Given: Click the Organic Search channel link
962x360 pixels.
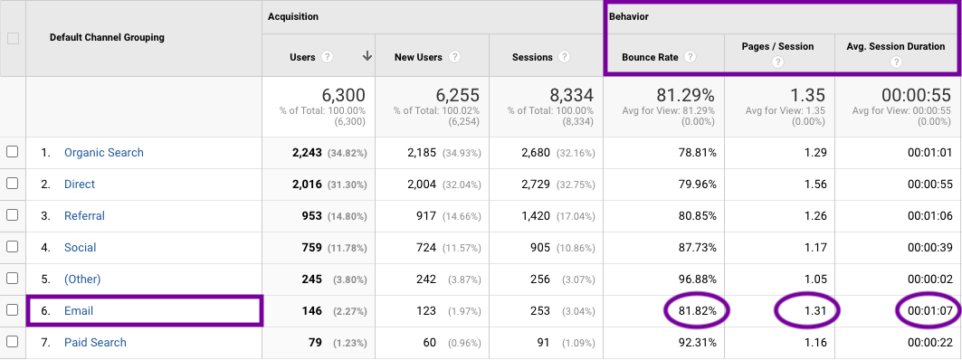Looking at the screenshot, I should point(103,153).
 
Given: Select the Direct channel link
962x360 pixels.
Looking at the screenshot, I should point(80,185).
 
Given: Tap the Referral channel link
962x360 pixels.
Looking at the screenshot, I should point(84,216).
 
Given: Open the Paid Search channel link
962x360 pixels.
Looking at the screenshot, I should point(95,343).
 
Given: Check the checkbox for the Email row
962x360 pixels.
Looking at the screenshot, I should point(13,310).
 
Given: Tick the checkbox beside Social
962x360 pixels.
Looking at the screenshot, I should point(13,247).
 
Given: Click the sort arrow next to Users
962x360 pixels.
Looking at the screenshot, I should point(367,56).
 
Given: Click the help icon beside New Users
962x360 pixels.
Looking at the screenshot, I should point(454,57).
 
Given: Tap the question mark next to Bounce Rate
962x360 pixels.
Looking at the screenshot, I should point(691,57).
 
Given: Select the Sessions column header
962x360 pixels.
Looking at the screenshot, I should point(532,57).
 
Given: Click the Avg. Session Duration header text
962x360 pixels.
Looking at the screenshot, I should point(895,47).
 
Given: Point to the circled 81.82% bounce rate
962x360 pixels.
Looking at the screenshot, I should point(693,311).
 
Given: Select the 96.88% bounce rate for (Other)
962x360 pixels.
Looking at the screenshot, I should point(693,279).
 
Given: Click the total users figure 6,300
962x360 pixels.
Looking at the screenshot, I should point(343,95).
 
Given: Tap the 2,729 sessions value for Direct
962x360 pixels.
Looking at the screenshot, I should point(541,185).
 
